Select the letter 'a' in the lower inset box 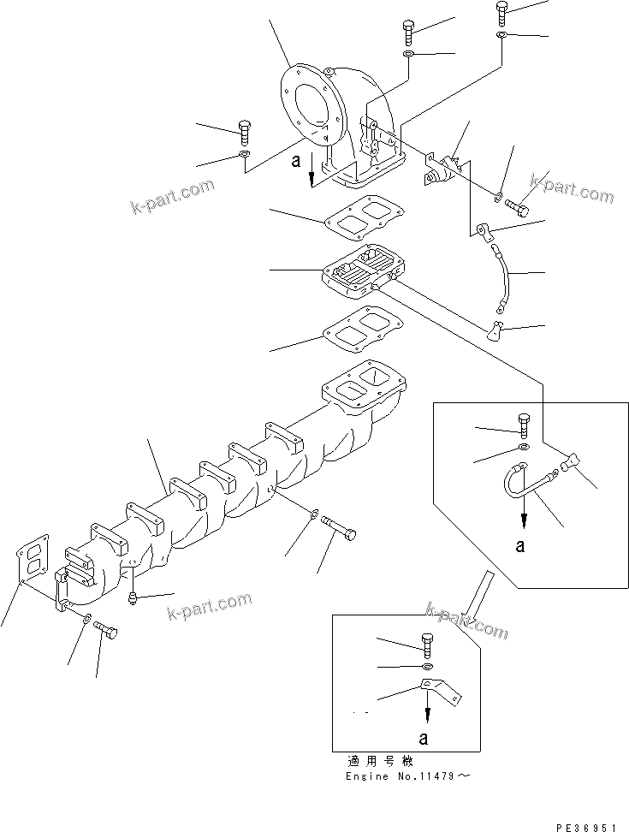pyautogui.click(x=425, y=735)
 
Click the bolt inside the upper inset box pyautogui.click(x=524, y=424)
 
